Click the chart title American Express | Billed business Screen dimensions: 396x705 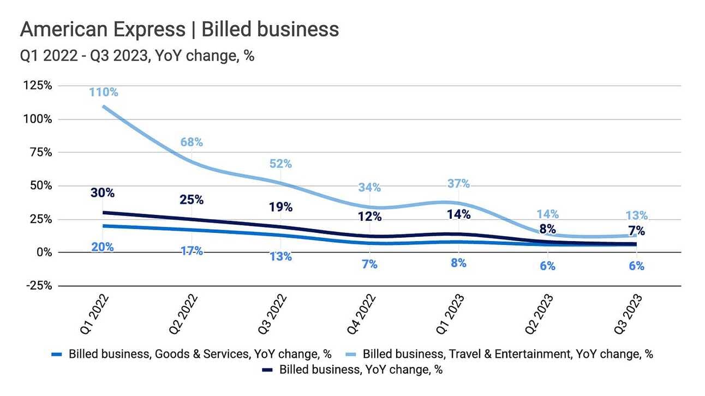pyautogui.click(x=180, y=29)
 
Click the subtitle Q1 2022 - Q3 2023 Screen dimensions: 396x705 pyautogui.click(x=137, y=56)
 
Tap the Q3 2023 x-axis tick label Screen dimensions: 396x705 pyautogui.click(x=632, y=315)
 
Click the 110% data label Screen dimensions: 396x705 pyautogui.click(x=104, y=92)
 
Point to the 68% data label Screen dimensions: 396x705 pyautogui.click(x=192, y=142)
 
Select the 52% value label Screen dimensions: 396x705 pyautogui.click(x=280, y=164)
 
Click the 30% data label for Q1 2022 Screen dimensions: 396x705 pyautogui.click(x=103, y=193)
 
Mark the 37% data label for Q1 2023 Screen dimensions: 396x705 pyautogui.click(x=458, y=184)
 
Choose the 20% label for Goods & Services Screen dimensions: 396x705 pyautogui.click(x=103, y=247)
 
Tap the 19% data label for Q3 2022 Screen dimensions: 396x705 pyautogui.click(x=280, y=207)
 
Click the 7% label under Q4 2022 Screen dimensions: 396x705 pyautogui.click(x=369, y=265)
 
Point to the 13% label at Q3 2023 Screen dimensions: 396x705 pyautogui.click(x=636, y=215)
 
